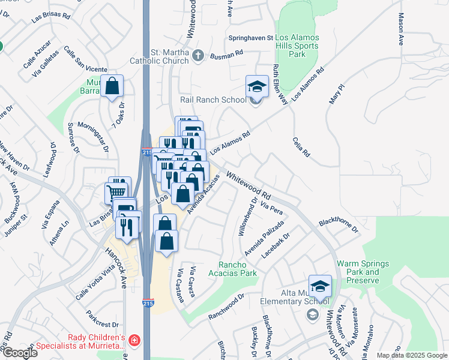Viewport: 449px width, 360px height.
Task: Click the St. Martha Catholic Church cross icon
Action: click(x=197, y=56)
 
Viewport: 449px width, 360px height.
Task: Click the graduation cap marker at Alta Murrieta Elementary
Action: click(x=320, y=286)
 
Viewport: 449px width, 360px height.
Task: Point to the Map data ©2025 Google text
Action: click(x=412, y=355)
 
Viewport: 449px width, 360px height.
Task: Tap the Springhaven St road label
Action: click(x=251, y=37)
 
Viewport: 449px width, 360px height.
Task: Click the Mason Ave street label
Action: click(x=400, y=31)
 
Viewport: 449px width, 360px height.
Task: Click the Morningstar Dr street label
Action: click(x=95, y=137)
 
